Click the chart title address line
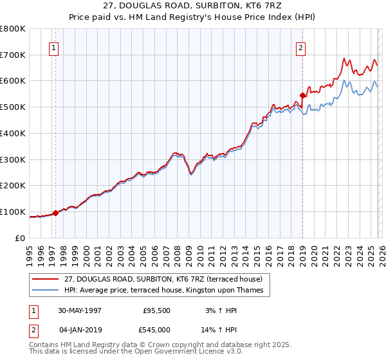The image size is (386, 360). tap(192, 7)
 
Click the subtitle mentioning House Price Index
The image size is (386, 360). tap(192, 19)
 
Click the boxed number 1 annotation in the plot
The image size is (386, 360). tap(53, 47)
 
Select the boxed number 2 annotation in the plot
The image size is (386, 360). tap(300, 47)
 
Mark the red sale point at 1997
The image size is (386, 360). tap(56, 213)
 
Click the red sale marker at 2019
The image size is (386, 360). tap(302, 95)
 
